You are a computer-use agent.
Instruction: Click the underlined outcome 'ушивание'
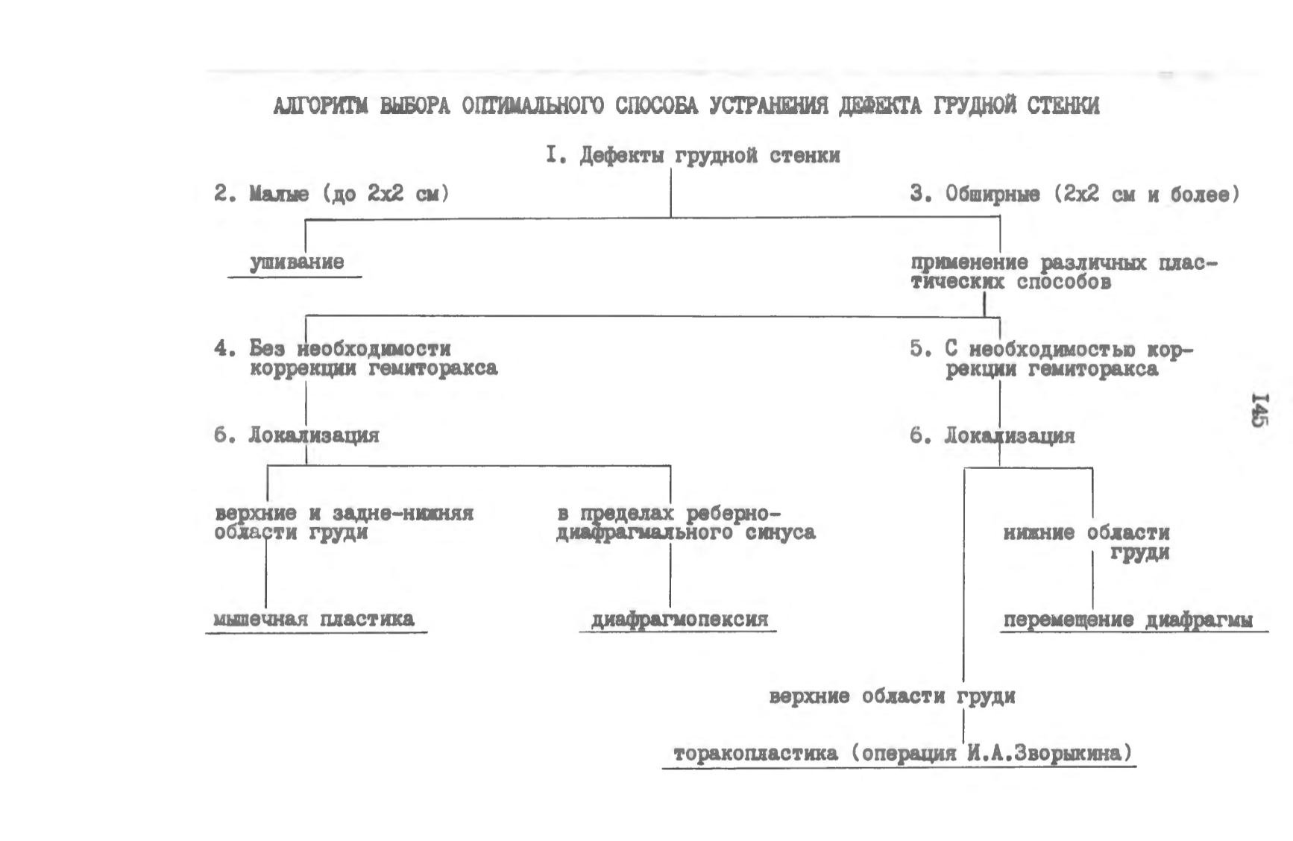click(x=297, y=263)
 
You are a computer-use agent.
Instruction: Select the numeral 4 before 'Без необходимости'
click(x=221, y=349)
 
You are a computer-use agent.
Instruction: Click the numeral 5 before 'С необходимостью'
click(x=916, y=349)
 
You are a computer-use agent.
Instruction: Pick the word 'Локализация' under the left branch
click(x=314, y=435)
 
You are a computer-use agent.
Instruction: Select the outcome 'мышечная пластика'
click(x=314, y=619)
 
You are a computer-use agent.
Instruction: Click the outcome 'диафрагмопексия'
click(x=679, y=620)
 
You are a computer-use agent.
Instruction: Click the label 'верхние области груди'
click(x=892, y=697)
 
